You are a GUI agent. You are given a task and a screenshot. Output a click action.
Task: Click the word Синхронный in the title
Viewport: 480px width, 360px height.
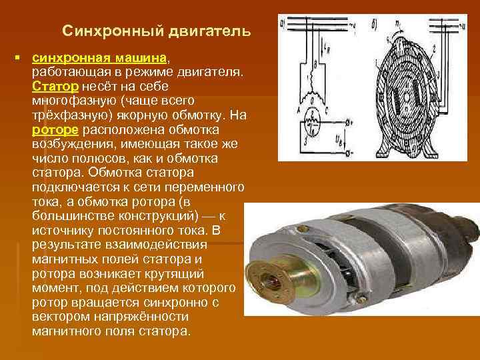(104, 31)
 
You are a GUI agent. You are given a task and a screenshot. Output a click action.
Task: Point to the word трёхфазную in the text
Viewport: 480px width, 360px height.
(65, 115)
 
